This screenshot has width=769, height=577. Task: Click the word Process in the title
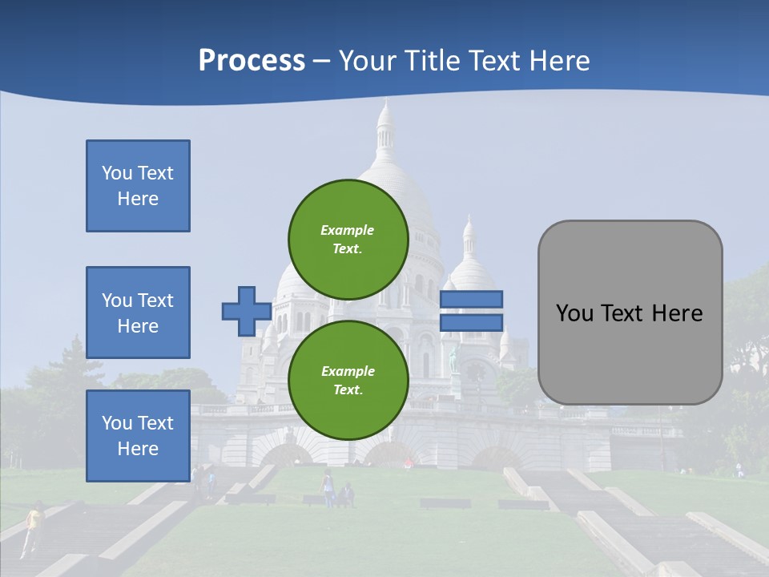[252, 61]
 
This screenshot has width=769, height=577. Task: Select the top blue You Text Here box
[138, 186]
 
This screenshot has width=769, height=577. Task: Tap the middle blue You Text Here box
[138, 313]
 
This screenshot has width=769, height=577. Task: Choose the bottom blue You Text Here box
[138, 436]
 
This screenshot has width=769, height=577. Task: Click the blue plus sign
[246, 311]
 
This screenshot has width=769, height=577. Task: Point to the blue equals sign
[471, 311]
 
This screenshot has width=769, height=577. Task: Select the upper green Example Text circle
[348, 239]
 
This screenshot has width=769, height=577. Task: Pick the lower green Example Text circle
[348, 380]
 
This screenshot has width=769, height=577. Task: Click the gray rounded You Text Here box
[630, 313]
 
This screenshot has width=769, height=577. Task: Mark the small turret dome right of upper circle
[469, 240]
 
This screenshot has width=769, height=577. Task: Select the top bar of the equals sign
[471, 299]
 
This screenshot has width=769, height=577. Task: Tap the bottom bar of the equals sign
[471, 323]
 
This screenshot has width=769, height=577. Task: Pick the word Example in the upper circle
[347, 230]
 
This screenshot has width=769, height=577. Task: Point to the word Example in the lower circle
[347, 371]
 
